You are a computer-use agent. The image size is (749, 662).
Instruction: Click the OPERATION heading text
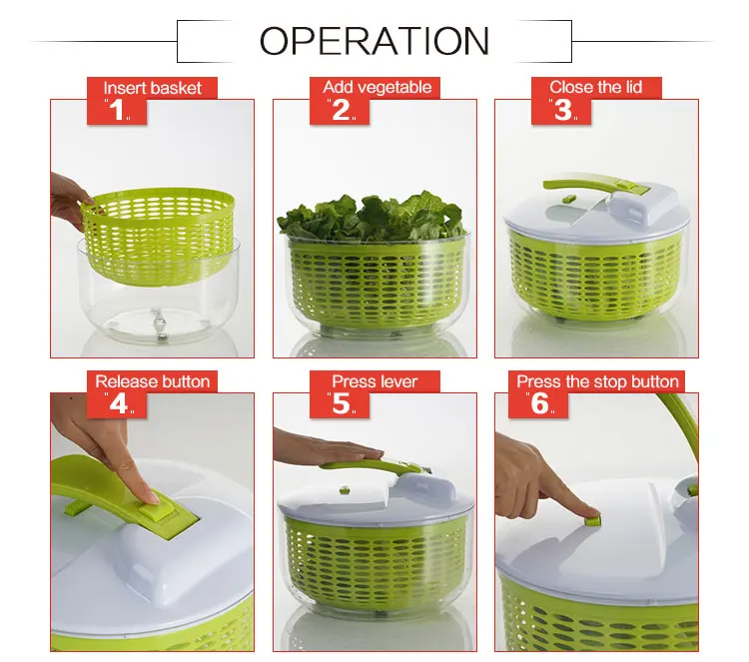pos(374,41)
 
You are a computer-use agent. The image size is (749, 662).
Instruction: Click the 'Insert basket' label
pos(152,88)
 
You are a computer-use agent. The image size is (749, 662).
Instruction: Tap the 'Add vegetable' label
pos(376,87)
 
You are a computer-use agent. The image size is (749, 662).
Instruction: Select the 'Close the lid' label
pos(595,87)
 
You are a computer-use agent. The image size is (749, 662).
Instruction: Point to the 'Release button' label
pos(152,380)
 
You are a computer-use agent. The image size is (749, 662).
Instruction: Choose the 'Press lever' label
pos(374,380)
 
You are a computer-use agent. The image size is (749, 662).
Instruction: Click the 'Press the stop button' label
pos(597,380)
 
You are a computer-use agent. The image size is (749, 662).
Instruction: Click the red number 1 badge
pos(118,110)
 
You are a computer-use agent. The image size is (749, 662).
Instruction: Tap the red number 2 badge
pos(341,110)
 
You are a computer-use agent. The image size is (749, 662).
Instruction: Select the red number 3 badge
pos(563,110)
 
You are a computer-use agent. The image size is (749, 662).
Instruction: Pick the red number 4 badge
pos(118,403)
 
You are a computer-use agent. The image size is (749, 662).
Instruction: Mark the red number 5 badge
pos(341,403)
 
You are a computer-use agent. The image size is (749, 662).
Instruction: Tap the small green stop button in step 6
pos(592,519)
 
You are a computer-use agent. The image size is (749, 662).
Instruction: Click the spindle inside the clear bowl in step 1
pos(158,323)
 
